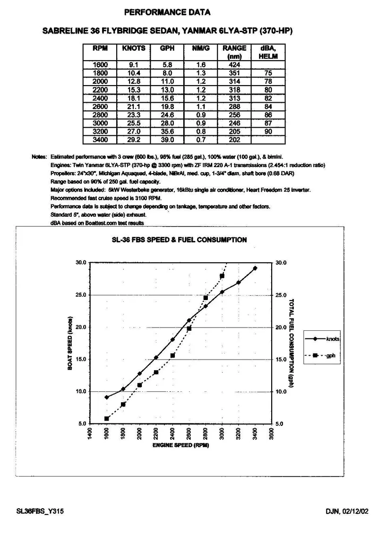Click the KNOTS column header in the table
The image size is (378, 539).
[x=134, y=48]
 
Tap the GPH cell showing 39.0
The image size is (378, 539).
[x=167, y=140]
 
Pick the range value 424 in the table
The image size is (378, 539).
[x=234, y=64]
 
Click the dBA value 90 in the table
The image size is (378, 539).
[x=268, y=132]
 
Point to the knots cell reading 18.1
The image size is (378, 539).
[x=134, y=98]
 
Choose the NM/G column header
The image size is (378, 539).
[x=201, y=48]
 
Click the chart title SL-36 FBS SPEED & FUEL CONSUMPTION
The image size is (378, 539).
[x=179, y=240]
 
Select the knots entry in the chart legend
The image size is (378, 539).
[x=333, y=339]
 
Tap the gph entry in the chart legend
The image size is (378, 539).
[x=330, y=355]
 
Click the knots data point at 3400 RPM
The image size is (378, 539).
[x=255, y=268]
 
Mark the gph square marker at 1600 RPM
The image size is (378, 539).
[x=107, y=418]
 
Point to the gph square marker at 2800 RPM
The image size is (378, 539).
[x=206, y=298]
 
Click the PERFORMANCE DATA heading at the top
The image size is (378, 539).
[x=167, y=12]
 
